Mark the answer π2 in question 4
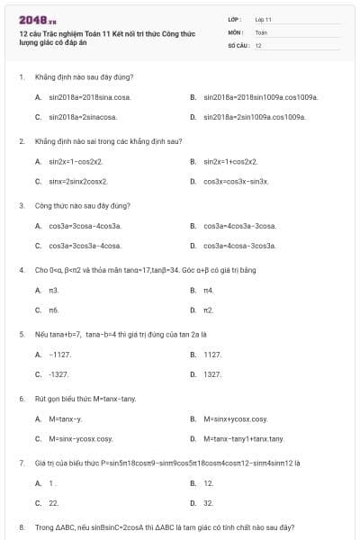pyautogui.click(x=209, y=310)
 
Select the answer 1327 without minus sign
pyautogui.click(x=212, y=373)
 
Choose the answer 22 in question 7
pyautogui.click(x=54, y=502)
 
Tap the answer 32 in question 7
pyautogui.click(x=209, y=502)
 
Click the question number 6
pyautogui.click(x=21, y=398)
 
